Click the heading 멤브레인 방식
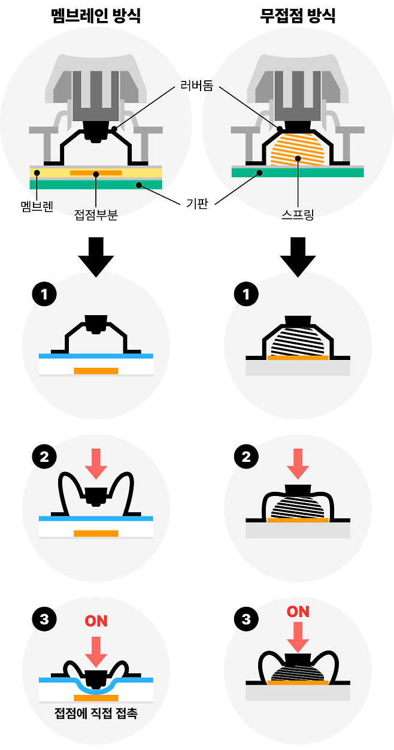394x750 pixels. point(96,16)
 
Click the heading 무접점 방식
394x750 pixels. point(298,16)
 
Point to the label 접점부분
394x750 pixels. point(96,214)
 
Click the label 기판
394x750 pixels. point(198,204)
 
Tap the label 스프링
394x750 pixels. point(298,214)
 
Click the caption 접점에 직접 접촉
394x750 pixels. point(96,713)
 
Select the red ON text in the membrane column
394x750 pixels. point(96,621)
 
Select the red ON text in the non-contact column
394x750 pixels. point(298,612)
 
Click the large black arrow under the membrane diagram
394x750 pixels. point(96,256)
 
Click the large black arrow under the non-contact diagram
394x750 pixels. point(298,256)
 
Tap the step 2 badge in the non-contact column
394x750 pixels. point(246,457)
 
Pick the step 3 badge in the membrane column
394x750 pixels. point(44,619)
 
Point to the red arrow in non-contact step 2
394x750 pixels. point(298,462)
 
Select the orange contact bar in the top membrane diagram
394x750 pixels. point(96,173)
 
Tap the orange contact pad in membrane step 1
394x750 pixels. point(96,371)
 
